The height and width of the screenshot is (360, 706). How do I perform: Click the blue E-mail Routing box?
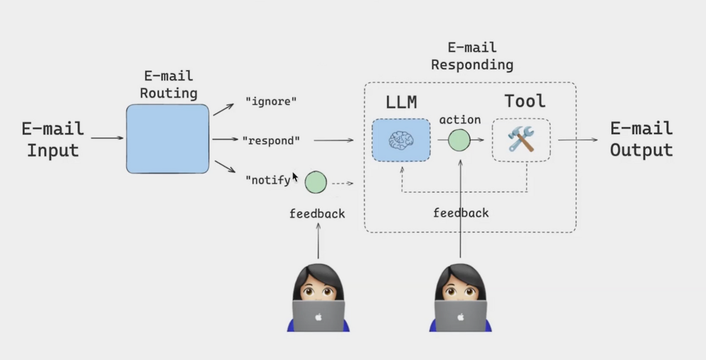click(168, 139)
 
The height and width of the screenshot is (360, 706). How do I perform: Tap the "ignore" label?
click(271, 101)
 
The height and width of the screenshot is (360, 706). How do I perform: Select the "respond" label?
click(271, 141)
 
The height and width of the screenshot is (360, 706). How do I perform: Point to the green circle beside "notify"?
click(316, 182)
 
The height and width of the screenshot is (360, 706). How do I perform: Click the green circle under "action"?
click(459, 140)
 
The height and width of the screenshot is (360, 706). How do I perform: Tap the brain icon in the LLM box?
click(401, 141)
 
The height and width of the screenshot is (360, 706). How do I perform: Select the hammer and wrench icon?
click(521, 139)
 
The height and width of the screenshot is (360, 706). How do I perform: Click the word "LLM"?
click(401, 102)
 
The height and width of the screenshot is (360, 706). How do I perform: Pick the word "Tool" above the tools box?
click(525, 101)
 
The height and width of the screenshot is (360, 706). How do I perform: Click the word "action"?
click(460, 120)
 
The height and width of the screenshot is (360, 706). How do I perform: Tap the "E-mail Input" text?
click(53, 139)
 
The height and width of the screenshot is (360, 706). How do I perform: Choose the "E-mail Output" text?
click(641, 139)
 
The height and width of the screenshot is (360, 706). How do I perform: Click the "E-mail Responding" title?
click(472, 56)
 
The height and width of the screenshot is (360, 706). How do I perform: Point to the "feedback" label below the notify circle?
click(317, 213)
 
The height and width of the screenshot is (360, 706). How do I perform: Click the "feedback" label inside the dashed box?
click(461, 213)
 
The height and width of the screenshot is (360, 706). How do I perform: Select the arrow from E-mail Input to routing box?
click(107, 138)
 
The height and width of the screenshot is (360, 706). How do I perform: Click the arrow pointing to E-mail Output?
click(578, 140)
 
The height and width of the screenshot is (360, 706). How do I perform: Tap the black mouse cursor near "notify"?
click(295, 178)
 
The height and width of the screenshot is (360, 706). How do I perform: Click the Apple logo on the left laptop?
click(319, 317)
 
